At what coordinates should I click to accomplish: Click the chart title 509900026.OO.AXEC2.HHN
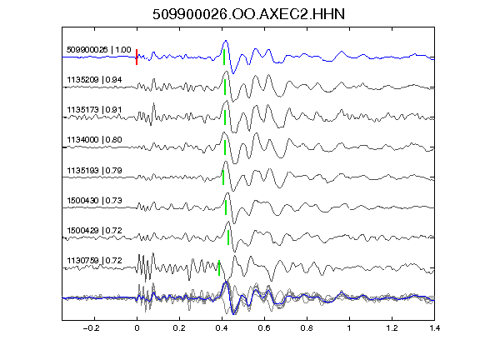click(248, 14)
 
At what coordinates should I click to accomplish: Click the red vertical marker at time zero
click(137, 57)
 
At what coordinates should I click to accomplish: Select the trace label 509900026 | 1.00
click(99, 50)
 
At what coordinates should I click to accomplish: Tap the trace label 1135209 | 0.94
click(94, 80)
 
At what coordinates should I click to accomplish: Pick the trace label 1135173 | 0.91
click(94, 110)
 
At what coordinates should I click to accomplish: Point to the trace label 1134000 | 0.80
click(94, 140)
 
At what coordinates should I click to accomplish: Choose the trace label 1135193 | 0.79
click(94, 170)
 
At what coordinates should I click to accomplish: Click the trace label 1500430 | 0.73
click(94, 201)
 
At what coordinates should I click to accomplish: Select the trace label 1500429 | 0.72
click(94, 230)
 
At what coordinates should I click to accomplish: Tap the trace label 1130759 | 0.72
click(94, 261)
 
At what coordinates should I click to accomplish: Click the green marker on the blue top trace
click(224, 57)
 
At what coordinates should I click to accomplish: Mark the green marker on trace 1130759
click(219, 267)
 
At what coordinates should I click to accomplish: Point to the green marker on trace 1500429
click(228, 237)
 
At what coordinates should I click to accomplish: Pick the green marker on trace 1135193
click(223, 177)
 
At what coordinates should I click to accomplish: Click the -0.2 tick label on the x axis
click(91, 328)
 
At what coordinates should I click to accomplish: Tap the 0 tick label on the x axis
click(137, 328)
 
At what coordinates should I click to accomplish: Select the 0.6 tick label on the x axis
click(264, 328)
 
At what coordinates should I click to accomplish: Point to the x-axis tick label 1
click(349, 328)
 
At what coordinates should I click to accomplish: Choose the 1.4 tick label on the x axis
click(434, 328)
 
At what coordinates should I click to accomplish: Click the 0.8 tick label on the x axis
click(307, 328)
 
